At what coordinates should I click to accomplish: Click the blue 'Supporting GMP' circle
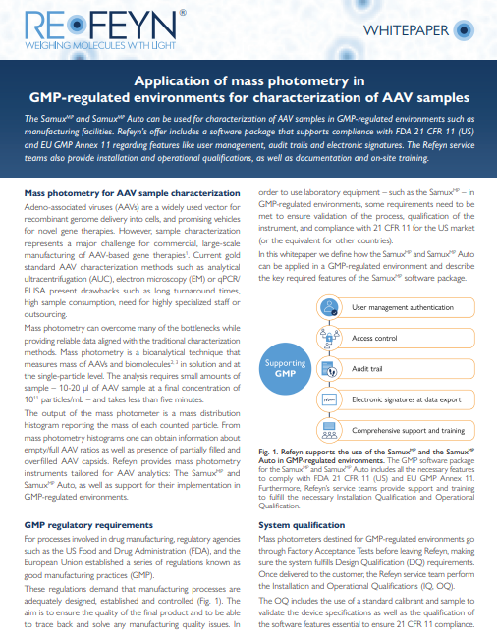pos(285,368)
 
